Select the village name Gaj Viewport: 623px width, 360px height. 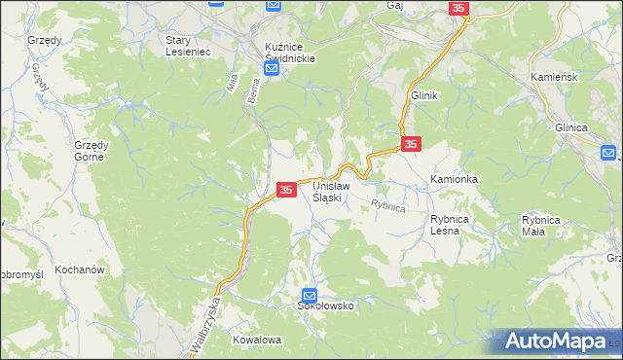click(394, 6)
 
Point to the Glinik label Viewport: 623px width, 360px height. click(425, 95)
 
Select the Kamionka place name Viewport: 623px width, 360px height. click(454, 180)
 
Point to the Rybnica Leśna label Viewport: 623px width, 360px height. click(451, 226)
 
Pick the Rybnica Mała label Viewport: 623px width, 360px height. click(541, 226)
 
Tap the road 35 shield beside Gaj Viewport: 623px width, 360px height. click(459, 8)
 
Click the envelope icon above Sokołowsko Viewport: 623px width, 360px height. click(310, 295)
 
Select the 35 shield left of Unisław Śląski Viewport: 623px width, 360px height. click(286, 189)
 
